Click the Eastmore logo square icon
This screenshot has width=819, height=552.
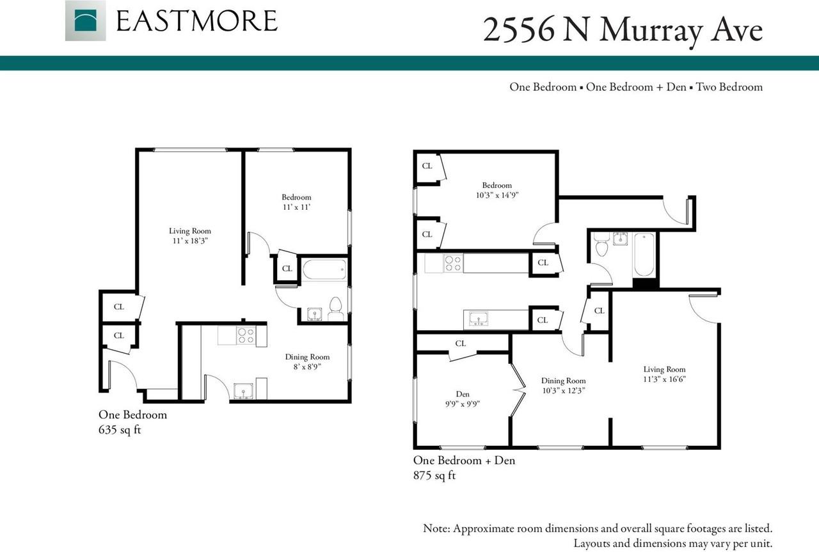[85, 20]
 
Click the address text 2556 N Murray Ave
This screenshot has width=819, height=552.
[623, 30]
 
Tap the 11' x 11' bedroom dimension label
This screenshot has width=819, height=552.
[296, 207]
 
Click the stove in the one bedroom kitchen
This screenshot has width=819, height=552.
[246, 335]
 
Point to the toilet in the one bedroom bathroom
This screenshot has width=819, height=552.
[336, 308]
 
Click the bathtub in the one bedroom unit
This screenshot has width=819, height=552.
[324, 269]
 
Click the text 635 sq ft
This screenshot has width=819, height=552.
[119, 430]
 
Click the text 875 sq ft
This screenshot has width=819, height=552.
[434, 475]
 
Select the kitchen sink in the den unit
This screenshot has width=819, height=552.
[478, 319]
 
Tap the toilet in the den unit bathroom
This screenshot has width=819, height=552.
[601, 246]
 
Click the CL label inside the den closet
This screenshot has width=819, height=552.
[460, 343]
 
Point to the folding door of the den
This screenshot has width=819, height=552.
[519, 390]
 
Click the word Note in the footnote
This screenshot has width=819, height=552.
[437, 529]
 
